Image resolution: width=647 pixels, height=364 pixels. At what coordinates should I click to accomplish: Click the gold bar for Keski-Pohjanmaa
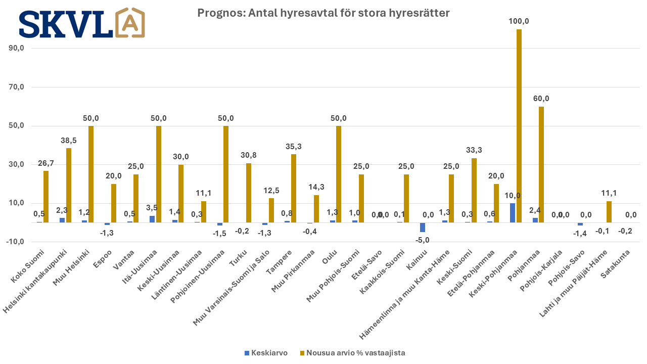click(x=519, y=126)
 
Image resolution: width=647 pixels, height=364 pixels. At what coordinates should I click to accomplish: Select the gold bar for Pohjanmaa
click(x=541, y=164)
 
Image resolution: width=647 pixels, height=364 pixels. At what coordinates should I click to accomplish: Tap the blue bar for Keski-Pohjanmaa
click(x=513, y=213)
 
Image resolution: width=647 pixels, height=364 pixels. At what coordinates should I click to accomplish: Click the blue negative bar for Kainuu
click(x=423, y=227)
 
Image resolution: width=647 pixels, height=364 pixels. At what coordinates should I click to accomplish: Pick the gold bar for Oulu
click(x=339, y=174)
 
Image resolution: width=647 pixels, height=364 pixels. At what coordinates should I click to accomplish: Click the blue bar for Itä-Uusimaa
click(x=152, y=219)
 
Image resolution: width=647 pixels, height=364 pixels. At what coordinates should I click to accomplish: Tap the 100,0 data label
click(x=519, y=21)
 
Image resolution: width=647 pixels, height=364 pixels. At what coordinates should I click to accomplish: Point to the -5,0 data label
click(x=422, y=240)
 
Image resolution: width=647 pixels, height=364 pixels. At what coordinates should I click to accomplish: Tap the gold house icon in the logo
click(x=130, y=23)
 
